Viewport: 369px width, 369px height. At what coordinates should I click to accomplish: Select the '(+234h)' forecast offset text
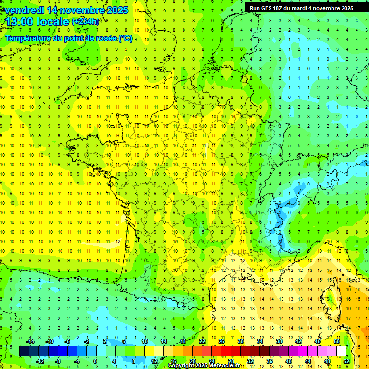[86, 22]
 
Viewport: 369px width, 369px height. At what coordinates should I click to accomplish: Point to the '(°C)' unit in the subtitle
[124, 38]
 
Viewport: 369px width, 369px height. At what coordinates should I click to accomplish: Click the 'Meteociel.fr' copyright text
[224, 366]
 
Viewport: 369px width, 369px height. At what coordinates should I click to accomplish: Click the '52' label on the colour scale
[346, 361]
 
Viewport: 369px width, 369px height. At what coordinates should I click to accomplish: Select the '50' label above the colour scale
[337, 341]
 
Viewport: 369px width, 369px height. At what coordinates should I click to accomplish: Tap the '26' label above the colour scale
[221, 341]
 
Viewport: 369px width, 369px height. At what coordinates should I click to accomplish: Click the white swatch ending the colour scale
[342, 351]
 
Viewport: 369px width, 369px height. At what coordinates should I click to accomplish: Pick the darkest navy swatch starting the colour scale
[25, 351]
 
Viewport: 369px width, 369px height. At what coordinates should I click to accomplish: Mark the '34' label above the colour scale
[260, 341]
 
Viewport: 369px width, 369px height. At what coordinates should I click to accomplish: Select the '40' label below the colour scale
[289, 361]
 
